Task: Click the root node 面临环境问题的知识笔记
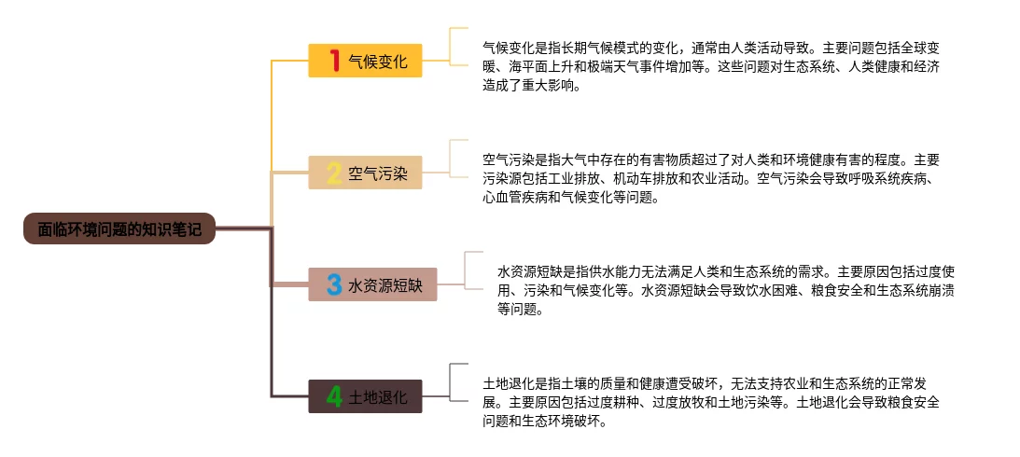point(119,228)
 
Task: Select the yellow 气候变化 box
point(365,61)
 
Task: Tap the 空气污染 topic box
point(365,173)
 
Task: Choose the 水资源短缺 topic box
point(372,284)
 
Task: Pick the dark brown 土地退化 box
point(365,396)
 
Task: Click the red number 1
point(334,61)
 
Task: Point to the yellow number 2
point(334,173)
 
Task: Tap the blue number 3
point(334,284)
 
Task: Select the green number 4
point(334,396)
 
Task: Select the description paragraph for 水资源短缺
point(725,290)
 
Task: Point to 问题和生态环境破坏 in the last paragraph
point(541,422)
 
